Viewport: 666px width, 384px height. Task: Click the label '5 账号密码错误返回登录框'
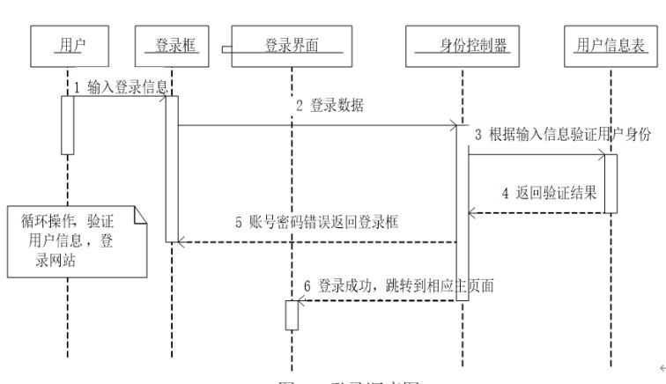pos(316,223)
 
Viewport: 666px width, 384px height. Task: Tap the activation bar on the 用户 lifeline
pos(66,124)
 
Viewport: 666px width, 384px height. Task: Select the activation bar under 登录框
pos(172,167)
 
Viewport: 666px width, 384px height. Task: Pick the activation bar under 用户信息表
pos(610,184)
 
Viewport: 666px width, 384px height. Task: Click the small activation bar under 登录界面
pos(292,314)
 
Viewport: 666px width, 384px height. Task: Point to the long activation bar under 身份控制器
pos(462,211)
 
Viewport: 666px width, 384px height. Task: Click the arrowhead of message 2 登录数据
pos(454,126)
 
